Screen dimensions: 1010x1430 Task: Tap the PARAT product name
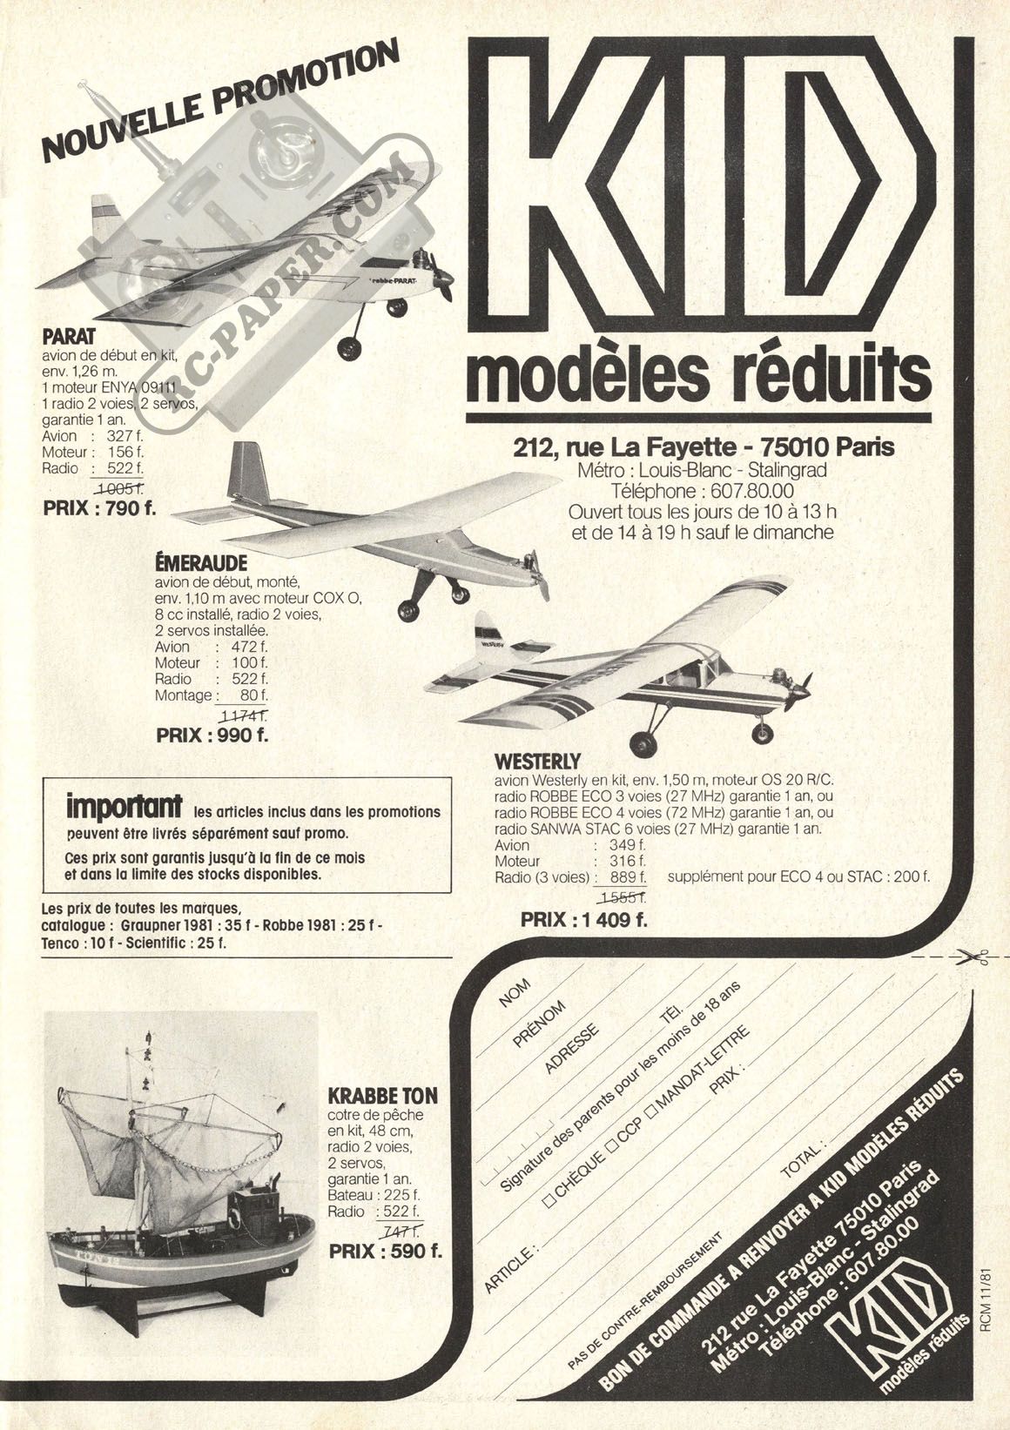tap(69, 337)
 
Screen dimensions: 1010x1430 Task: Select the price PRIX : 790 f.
tap(99, 508)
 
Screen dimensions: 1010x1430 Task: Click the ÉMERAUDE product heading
tap(200, 562)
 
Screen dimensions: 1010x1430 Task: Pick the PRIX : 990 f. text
tap(212, 735)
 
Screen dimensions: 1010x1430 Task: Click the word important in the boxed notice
tap(124, 807)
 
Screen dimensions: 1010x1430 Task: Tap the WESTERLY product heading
tap(537, 762)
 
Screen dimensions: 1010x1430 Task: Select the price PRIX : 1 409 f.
tap(584, 919)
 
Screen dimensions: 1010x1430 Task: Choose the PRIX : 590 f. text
tap(385, 1251)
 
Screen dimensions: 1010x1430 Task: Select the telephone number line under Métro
tap(703, 491)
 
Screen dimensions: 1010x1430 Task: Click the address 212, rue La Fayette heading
tap(704, 446)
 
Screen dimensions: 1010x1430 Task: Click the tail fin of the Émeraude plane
tap(248, 470)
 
